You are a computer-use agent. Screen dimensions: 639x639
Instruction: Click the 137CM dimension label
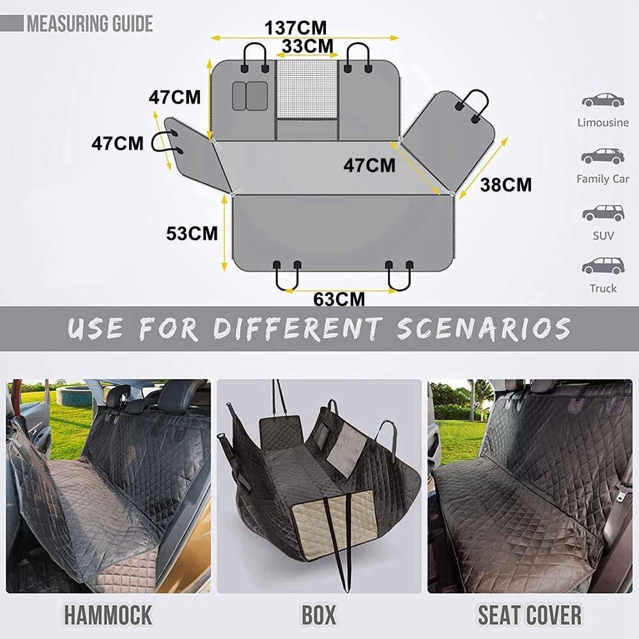295,28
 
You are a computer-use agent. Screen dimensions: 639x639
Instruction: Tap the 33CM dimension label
307,46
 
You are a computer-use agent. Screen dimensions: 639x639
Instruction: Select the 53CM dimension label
192,233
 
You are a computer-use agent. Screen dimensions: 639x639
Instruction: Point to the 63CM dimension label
339,300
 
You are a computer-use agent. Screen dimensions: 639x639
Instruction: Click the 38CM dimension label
505,185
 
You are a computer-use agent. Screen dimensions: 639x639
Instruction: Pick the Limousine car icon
603,100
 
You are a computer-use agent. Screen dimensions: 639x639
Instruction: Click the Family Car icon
603,156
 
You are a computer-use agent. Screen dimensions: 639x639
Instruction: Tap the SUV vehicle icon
603,213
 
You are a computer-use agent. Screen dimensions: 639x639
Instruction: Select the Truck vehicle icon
603,265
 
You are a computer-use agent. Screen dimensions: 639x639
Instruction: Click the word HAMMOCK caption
108,615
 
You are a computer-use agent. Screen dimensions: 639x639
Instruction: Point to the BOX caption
319,615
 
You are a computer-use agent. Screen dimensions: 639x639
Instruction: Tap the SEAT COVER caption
529,615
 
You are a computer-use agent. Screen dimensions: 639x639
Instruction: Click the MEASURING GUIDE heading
89,24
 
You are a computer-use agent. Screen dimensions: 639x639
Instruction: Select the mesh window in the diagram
307,89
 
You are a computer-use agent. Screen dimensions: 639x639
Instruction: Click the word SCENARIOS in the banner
484,329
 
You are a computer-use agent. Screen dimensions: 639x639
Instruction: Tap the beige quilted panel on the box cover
334,520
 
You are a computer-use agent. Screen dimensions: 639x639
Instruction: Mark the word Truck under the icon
603,288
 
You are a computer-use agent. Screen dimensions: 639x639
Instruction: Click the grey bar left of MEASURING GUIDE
12,23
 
